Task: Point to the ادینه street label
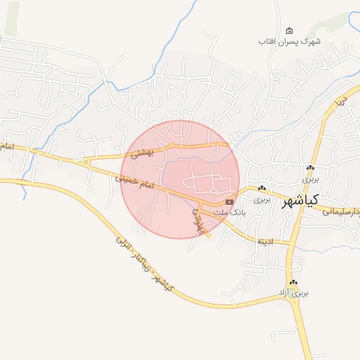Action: point(264,241)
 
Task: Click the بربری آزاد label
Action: point(293,292)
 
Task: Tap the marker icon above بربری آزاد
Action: point(293,282)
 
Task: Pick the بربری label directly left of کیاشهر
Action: point(262,200)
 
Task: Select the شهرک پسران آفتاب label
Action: point(289,41)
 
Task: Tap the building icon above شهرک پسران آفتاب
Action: point(289,30)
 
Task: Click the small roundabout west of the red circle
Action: point(86,162)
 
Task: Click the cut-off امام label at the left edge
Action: point(7,146)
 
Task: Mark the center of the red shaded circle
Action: point(180,179)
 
